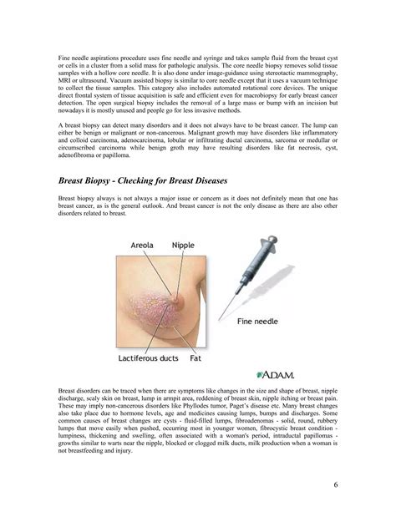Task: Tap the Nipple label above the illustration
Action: (x=184, y=246)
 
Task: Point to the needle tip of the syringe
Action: (x=223, y=317)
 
